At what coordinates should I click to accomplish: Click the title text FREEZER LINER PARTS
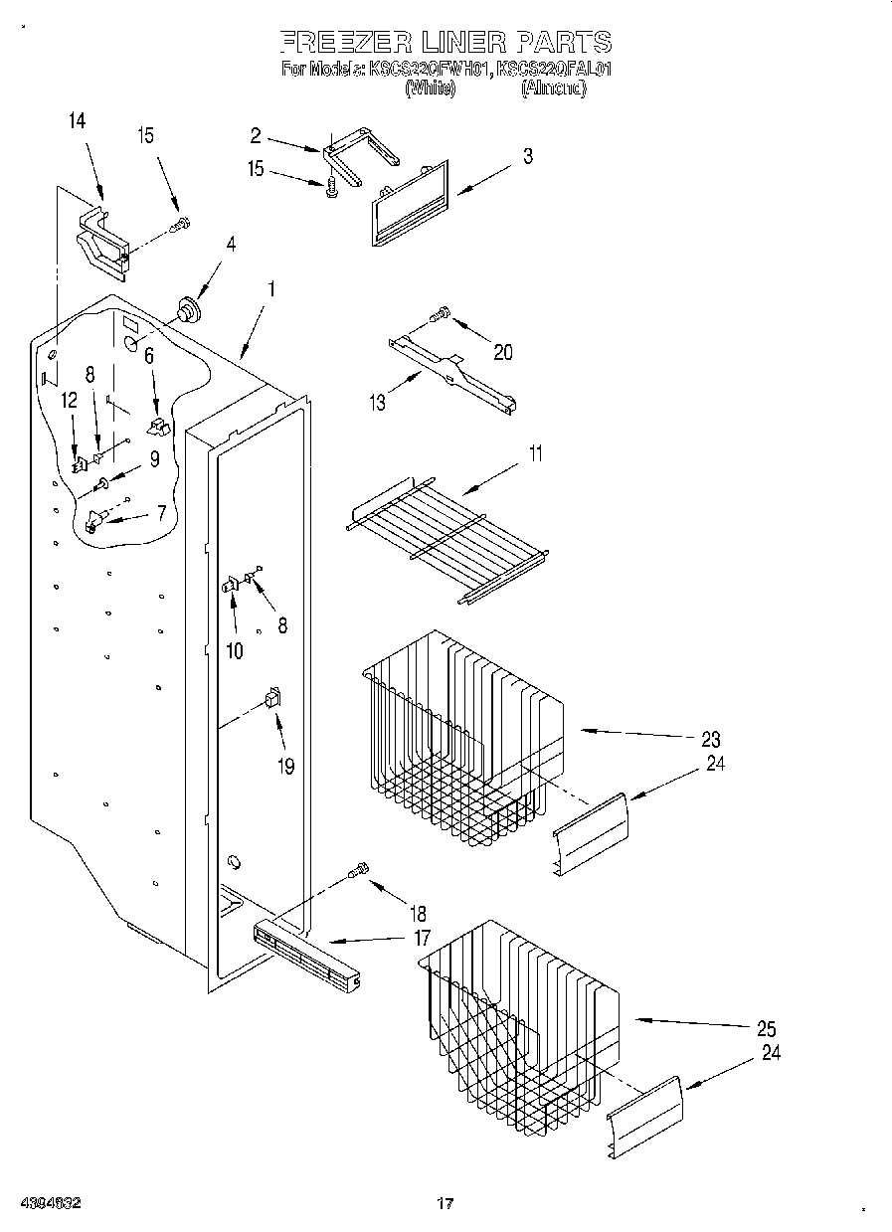446,42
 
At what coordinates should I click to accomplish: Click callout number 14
77,121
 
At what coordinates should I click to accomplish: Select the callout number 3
527,156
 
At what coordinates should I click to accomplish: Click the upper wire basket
457,736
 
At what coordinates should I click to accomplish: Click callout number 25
767,1029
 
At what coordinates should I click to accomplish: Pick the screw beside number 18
359,871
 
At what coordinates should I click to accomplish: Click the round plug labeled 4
185,309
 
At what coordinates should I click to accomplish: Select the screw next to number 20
439,316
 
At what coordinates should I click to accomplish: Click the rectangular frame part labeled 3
408,207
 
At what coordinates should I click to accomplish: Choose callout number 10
235,651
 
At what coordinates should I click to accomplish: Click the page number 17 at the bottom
446,1204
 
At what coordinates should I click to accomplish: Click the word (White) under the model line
430,88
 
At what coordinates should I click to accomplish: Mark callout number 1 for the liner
270,290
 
